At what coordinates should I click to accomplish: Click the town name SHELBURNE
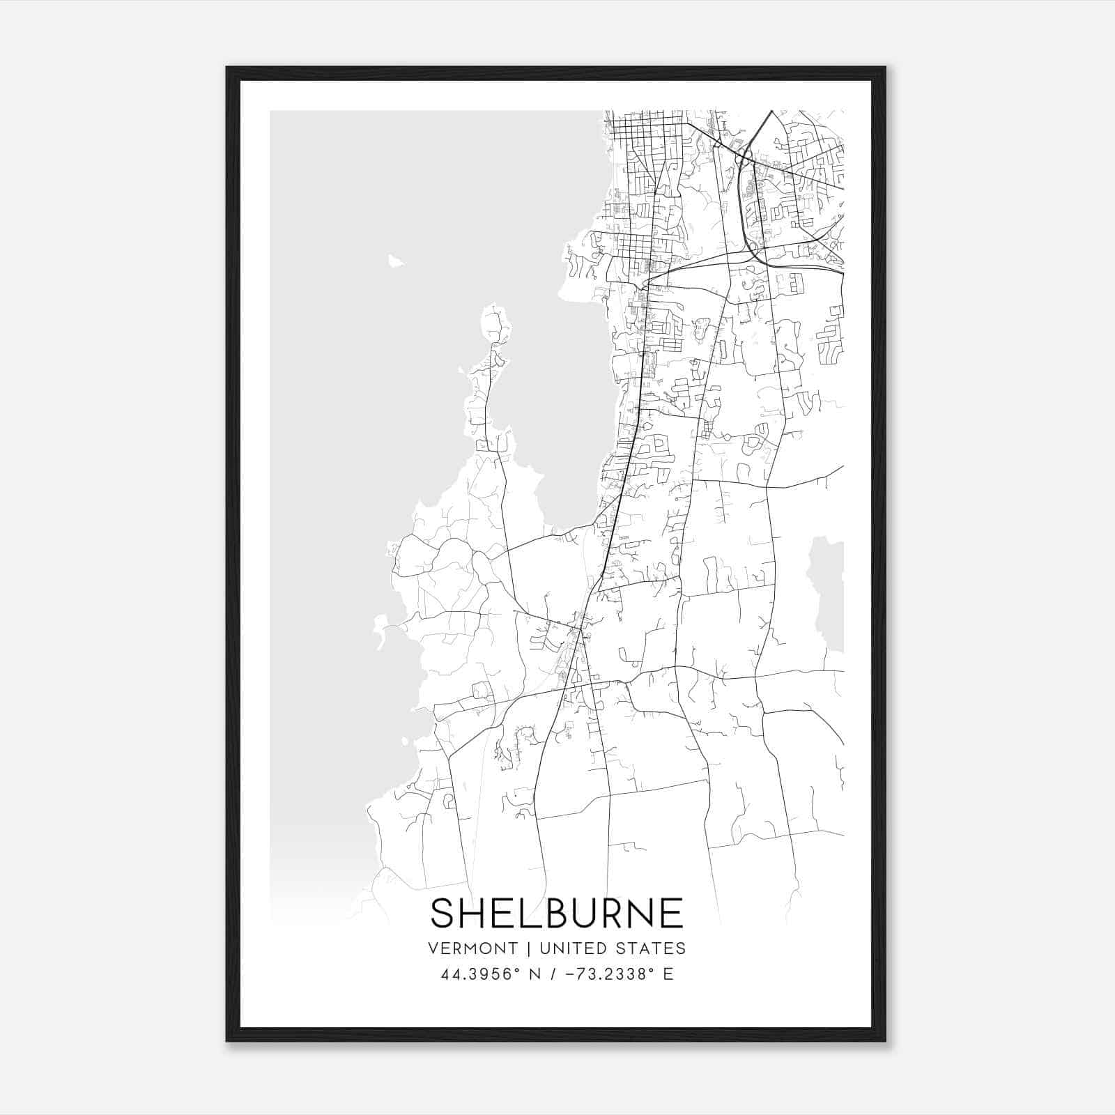pos(557,913)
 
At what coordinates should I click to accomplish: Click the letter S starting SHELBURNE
pos(443,913)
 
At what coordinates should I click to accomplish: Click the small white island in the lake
pos(396,261)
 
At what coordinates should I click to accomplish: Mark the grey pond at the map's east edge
pos(828,592)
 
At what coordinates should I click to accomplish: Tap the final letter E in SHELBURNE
pos(671,913)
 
